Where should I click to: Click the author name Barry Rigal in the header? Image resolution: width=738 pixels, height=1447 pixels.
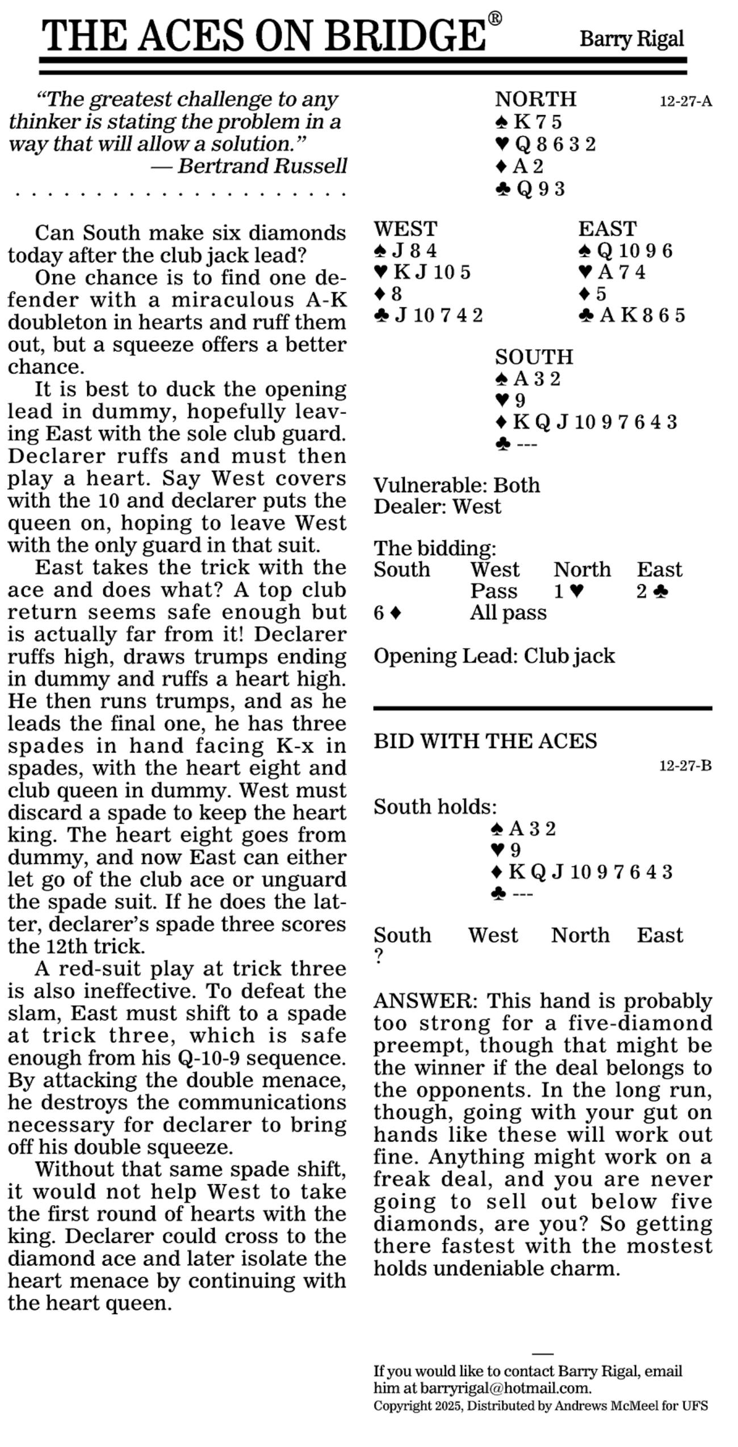tap(631, 39)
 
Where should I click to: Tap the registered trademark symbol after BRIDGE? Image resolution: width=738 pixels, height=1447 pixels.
tap(495, 19)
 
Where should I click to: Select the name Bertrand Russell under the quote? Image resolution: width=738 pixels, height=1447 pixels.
tap(262, 166)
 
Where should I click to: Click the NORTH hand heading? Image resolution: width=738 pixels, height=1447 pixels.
tap(535, 99)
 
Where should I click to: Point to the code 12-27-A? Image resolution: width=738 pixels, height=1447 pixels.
tap(685, 102)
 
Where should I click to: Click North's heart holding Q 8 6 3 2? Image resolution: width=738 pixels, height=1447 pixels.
tap(546, 144)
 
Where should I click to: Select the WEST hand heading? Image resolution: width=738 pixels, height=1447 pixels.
tap(405, 229)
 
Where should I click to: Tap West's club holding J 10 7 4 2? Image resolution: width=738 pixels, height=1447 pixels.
tap(429, 315)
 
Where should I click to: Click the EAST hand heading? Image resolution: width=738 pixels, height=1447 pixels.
tap(607, 229)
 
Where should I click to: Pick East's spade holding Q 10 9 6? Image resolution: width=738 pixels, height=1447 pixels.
tap(626, 250)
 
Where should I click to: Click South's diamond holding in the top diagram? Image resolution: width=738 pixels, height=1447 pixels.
tap(586, 422)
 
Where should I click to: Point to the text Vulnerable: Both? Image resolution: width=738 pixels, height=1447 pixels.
tap(456, 485)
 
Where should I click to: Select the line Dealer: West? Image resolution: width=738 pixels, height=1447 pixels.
tap(437, 506)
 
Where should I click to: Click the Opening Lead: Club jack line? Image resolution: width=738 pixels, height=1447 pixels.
tap(494, 656)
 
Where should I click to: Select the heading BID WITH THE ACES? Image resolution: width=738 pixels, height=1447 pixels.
tap(485, 741)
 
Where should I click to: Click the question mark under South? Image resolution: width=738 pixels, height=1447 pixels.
tap(379, 957)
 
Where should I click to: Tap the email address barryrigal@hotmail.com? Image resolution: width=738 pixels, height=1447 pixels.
tap(505, 1388)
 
